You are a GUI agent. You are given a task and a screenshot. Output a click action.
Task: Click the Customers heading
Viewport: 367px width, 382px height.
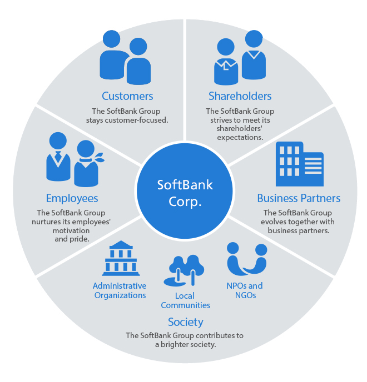pos(127,96)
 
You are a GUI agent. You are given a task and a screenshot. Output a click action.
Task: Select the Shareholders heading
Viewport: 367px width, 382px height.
pos(240,96)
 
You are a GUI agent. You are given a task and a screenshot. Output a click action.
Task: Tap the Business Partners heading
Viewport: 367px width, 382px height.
pos(299,198)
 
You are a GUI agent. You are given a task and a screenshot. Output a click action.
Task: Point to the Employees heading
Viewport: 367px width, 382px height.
pos(72,198)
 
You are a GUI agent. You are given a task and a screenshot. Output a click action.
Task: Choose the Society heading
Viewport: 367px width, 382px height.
pos(186,322)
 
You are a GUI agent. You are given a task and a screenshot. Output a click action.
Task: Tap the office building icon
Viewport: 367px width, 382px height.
pos(299,164)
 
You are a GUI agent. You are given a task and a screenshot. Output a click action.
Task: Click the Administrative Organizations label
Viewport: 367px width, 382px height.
pos(120,290)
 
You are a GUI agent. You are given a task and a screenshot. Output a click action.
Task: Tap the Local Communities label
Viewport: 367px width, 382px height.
pos(185,300)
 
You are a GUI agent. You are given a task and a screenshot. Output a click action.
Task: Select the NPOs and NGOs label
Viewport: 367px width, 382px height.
pos(245,290)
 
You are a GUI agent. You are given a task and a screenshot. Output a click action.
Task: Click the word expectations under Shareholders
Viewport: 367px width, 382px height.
pos(240,137)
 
